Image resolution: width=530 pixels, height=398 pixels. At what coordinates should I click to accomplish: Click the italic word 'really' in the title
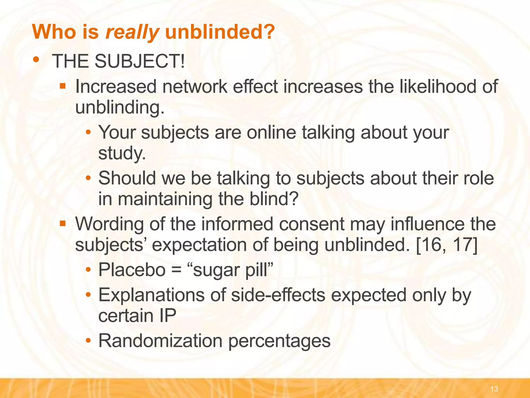[132, 32]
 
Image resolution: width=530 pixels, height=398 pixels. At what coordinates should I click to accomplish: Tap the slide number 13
[494, 389]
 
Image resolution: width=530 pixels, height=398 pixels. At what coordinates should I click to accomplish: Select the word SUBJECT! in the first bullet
[139, 61]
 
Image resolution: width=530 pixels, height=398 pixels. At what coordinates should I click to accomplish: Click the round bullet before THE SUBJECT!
[36, 59]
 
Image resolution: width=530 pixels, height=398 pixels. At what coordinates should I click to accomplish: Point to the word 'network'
[195, 87]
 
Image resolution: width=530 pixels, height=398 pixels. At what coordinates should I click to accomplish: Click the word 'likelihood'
[438, 87]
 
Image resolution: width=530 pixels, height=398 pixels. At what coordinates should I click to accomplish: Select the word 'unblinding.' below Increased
[120, 107]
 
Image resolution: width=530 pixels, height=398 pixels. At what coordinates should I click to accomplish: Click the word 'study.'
[122, 153]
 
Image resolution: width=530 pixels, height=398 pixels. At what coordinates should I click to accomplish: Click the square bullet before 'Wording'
[62, 223]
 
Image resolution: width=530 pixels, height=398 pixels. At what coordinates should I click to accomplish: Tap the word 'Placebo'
[132, 270]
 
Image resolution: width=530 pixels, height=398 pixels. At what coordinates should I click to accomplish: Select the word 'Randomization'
[160, 341]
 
